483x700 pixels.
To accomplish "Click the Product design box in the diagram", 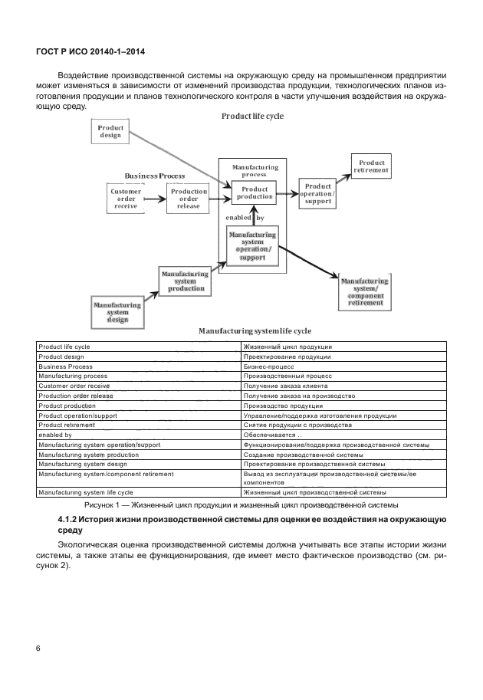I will click(x=111, y=130).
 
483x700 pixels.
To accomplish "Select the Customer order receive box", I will click(x=126, y=199).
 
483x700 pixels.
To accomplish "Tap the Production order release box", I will click(x=189, y=199).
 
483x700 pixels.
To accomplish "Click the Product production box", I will click(x=254, y=193).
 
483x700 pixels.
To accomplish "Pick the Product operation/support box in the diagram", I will click(x=317, y=193).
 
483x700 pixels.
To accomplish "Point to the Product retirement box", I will click(x=371, y=166).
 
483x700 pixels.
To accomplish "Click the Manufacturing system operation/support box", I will click(x=253, y=245).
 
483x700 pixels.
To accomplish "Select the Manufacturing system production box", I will click(x=185, y=281).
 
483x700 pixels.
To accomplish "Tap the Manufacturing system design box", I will click(x=117, y=312).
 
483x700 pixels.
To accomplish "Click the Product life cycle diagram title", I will click(x=252, y=116).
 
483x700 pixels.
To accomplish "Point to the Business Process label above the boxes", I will click(x=155, y=176).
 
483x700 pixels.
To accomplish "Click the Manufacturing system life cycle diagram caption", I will click(x=255, y=330).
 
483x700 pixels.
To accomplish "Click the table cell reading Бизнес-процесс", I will click(x=264, y=366).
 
